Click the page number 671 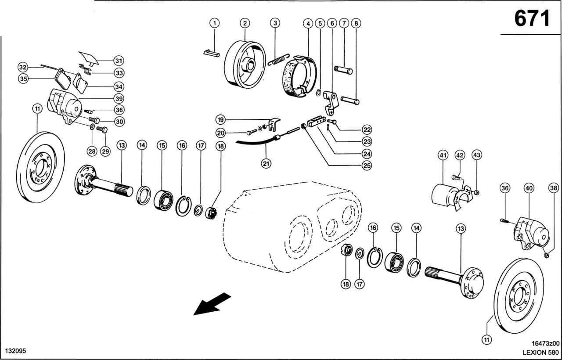(x=532, y=18)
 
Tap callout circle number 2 (x=245, y=23)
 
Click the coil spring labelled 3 (x=280, y=59)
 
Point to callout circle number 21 (x=266, y=164)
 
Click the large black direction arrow (x=212, y=303)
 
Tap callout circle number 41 (x=443, y=155)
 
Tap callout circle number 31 (x=119, y=60)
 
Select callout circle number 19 (x=221, y=119)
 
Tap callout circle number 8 (x=355, y=23)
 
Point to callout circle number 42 (x=459, y=155)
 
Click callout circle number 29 (x=105, y=151)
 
